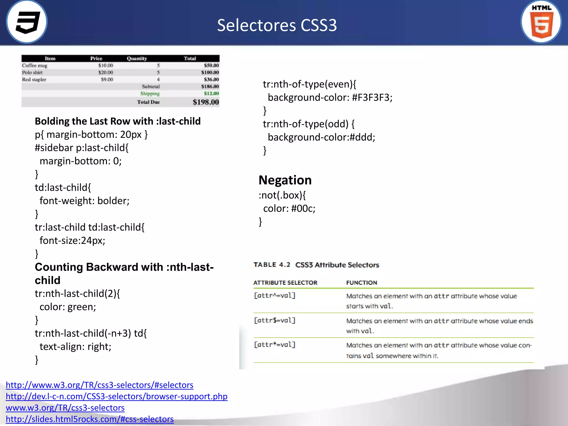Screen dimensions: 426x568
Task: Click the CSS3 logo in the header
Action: point(27,22)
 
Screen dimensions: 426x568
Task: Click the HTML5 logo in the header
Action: point(541,22)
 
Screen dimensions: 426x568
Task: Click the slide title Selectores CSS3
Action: point(277,25)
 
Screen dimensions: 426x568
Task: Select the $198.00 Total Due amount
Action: point(206,102)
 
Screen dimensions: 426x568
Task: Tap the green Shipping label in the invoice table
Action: point(150,94)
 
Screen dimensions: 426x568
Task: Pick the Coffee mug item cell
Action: point(35,66)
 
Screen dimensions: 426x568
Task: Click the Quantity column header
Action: point(137,59)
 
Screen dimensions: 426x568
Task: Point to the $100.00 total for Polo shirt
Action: point(210,73)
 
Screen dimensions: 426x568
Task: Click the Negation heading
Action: point(285,180)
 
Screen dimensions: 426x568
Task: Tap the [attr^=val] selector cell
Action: point(275,296)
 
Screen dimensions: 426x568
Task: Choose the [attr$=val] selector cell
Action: point(275,321)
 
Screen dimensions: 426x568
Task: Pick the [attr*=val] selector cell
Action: point(275,345)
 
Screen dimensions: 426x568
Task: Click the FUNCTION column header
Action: point(361,283)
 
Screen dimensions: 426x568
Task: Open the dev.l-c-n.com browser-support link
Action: point(116,396)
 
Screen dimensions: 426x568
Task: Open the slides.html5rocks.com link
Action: point(90,419)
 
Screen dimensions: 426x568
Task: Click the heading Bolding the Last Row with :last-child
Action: point(118,121)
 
